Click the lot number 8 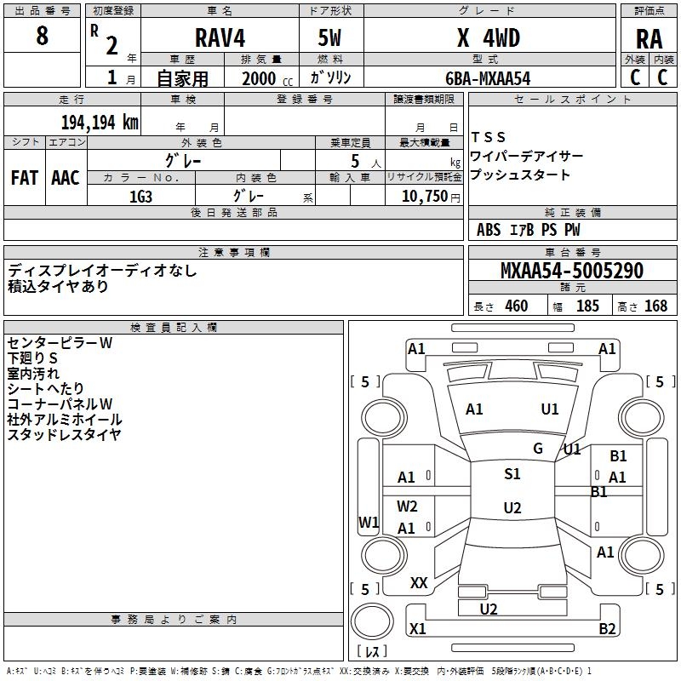pos(42,35)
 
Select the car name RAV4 pos(220,37)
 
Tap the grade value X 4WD pos(489,37)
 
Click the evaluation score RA pos(649,39)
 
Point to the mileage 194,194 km pos(100,123)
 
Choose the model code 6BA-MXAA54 pos(488,78)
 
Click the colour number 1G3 pos(140,197)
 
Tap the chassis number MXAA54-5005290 pos(571,271)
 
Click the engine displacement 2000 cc pos(267,78)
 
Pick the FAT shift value pos(25,178)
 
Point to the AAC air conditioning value pos(66,178)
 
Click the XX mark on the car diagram pos(419,583)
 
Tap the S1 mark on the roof pos(512,474)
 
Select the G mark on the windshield pos(538,449)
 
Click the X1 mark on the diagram pos(418,628)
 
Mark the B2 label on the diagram pos(607,628)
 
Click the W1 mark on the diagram pos(369,522)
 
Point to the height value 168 pos(655,306)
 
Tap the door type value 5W pos(329,37)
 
